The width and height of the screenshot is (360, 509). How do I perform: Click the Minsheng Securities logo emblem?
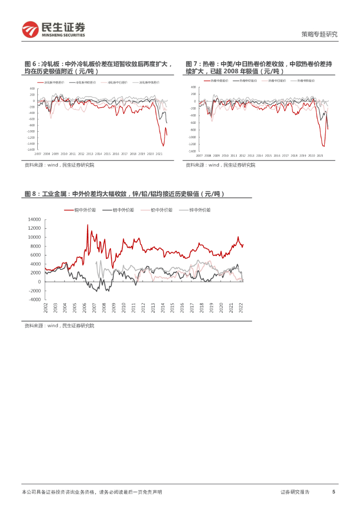(x=30, y=30)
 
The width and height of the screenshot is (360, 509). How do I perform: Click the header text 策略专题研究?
(x=320, y=34)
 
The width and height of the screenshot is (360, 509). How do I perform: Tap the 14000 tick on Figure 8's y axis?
(x=34, y=219)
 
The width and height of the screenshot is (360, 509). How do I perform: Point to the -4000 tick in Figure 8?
(x=34, y=300)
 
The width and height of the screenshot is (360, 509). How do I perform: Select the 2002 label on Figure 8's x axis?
(x=45, y=308)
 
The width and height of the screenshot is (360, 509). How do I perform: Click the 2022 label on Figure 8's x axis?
(x=241, y=308)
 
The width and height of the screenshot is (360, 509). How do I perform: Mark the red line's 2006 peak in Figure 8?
(x=88, y=225)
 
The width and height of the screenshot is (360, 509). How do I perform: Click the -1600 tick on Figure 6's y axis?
(x=31, y=149)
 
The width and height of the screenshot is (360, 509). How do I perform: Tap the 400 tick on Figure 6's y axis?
(x=32, y=88)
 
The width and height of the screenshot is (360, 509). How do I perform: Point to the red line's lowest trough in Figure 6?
(x=163, y=146)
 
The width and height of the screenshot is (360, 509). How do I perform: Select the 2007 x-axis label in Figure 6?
(x=38, y=154)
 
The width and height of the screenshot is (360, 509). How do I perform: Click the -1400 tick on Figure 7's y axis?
(x=192, y=151)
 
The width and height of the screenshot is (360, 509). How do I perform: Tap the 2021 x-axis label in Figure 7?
(x=320, y=156)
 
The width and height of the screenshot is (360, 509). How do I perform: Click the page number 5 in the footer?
(x=334, y=492)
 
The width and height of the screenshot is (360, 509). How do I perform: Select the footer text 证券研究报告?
(x=295, y=492)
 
